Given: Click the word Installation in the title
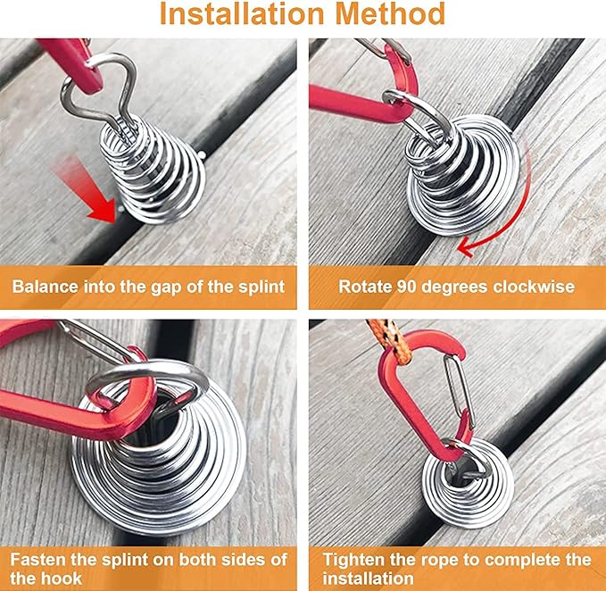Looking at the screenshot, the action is pos(242,14).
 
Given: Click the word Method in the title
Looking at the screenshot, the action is pos(390,14).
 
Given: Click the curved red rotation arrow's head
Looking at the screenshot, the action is pos(465,248).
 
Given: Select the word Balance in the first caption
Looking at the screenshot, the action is pos(46,287).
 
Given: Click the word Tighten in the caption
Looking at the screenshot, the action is pos(353,560).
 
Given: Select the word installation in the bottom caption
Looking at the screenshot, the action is pos(368,579).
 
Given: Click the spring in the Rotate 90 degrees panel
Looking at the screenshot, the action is pos(461,175).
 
